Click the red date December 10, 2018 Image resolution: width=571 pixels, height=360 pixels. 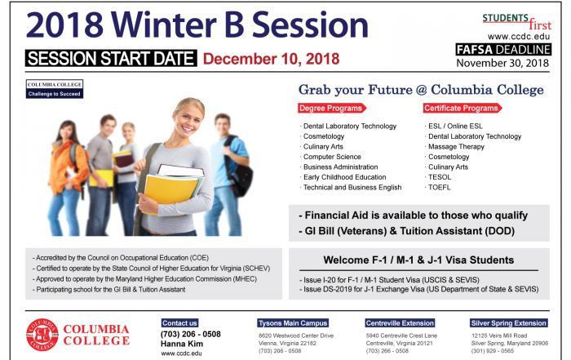click(271, 59)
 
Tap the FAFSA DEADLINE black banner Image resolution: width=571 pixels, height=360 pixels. click(503, 50)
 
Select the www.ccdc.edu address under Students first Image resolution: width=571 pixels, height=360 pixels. click(519, 37)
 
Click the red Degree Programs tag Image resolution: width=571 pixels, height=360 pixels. click(331, 109)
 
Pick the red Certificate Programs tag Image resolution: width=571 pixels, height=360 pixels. click(462, 109)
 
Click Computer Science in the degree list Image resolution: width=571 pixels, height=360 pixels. click(332, 157)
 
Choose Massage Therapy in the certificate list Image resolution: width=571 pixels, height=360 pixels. click(456, 146)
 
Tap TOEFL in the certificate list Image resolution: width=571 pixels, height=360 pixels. click(439, 187)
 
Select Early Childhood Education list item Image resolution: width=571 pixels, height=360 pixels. click(344, 177)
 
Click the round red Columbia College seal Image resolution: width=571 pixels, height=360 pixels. click(42, 335)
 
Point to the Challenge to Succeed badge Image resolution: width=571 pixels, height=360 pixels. click(55, 89)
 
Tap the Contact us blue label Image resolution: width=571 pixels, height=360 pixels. click(180, 323)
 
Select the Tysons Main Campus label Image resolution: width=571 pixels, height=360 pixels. click(293, 323)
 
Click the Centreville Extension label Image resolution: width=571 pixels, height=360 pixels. click(400, 323)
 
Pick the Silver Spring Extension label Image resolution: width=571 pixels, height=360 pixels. click(509, 323)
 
